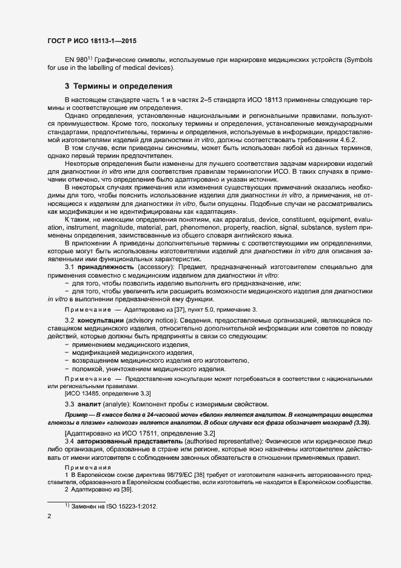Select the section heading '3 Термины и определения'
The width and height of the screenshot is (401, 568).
coord(119,86)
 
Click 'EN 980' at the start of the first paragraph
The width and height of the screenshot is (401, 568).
coord(76,60)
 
